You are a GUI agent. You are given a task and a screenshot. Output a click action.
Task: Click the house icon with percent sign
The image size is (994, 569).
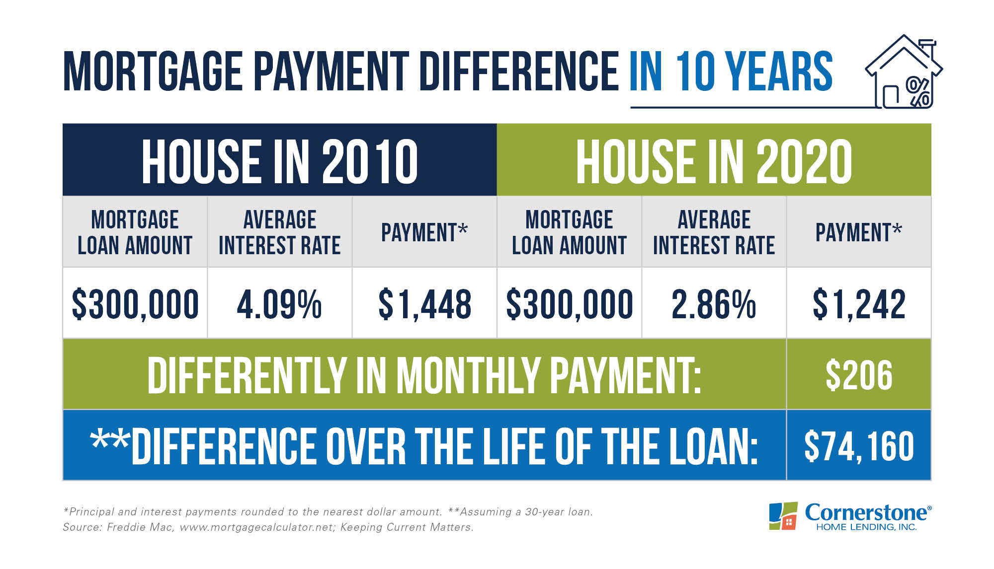coord(904,72)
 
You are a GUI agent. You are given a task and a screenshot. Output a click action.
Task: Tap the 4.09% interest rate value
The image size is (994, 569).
coord(279,304)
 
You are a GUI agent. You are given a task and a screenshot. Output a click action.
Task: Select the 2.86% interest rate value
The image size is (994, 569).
coord(714,304)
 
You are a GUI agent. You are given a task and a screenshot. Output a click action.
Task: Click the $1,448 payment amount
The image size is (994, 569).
coord(424,304)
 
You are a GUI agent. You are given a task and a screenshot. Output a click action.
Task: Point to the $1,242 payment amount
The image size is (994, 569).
coord(859,304)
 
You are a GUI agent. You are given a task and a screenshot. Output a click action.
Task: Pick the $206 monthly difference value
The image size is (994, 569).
coord(859,375)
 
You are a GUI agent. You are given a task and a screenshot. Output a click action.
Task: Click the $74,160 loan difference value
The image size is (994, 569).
coord(859,446)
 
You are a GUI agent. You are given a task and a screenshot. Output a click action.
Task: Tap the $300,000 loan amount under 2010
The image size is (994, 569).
coord(135,304)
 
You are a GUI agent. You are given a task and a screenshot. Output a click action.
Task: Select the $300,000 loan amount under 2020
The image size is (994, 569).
coord(570,304)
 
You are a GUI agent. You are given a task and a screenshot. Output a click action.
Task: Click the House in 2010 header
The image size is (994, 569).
coord(280,161)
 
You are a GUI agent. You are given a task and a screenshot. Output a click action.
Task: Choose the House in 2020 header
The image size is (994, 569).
coord(714,161)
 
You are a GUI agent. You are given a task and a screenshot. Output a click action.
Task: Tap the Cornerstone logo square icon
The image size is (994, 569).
coord(783,516)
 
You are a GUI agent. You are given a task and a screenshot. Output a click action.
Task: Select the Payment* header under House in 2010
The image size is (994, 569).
coord(424,232)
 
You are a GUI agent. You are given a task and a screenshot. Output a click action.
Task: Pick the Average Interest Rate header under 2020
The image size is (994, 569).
coord(714,232)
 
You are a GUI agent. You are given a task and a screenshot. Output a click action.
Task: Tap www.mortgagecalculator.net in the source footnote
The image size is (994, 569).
coord(256,527)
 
